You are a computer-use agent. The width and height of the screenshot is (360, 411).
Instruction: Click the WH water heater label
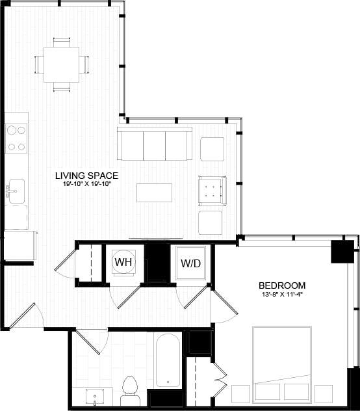[124, 263]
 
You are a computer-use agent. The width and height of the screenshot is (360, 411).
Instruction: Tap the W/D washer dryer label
[191, 263]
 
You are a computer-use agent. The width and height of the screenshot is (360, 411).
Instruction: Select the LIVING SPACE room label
[86, 176]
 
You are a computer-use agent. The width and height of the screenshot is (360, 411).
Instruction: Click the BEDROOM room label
[281, 285]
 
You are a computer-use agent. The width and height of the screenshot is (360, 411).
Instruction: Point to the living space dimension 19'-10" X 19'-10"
[86, 185]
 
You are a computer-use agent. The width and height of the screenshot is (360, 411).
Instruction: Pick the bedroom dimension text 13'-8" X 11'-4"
[281, 295]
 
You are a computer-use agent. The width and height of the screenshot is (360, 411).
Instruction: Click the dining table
[62, 64]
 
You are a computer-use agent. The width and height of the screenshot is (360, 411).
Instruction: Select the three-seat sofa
[154, 144]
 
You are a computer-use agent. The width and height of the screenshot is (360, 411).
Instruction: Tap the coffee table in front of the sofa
[154, 192]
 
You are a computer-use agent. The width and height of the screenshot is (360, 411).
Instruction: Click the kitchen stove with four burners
[17, 138]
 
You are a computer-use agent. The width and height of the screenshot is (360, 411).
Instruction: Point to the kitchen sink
[16, 189]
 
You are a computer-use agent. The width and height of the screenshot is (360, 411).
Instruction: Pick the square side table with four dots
[212, 191]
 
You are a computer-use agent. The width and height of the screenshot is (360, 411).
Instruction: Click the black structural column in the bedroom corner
[341, 251]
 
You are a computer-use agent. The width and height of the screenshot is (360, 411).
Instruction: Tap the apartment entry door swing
[26, 315]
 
